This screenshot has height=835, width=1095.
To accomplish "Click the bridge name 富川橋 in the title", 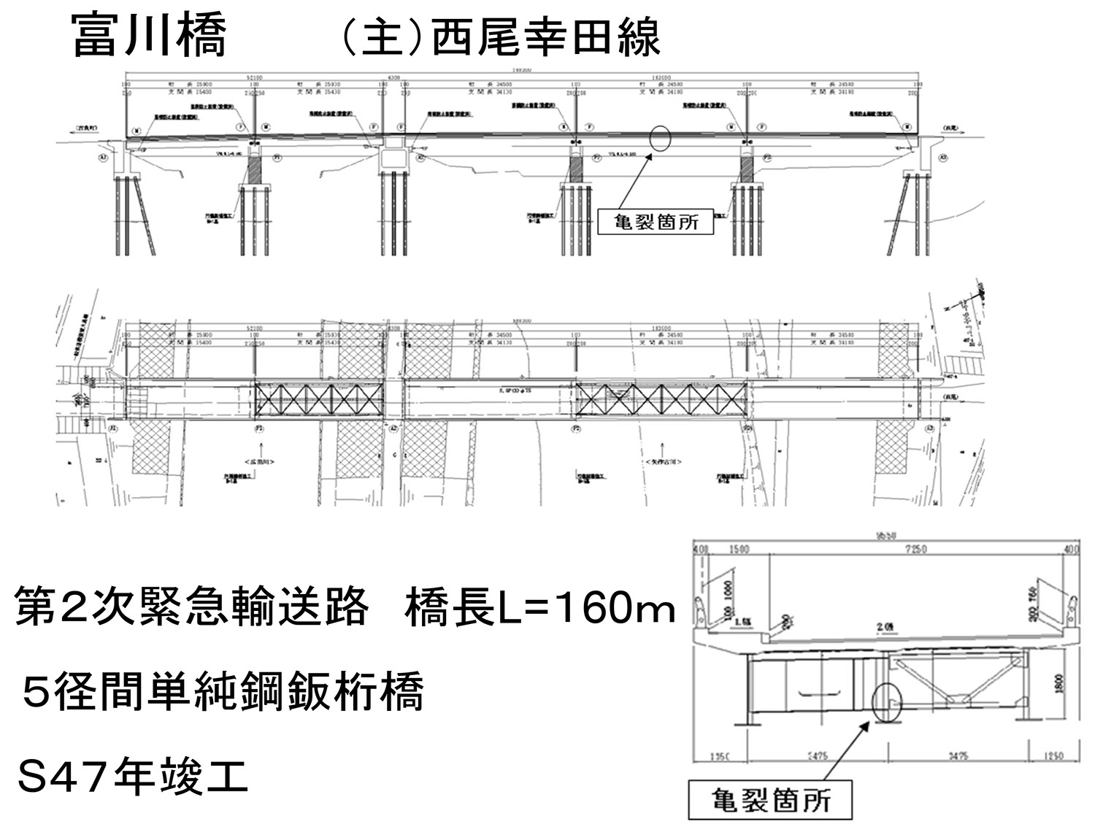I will [150, 36].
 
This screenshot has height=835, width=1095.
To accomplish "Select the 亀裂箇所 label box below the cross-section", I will [771, 801].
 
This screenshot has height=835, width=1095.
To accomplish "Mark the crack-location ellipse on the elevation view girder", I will [658, 139].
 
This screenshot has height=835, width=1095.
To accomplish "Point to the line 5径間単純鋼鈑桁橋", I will [222, 693].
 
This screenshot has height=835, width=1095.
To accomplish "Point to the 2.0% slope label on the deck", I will [887, 627].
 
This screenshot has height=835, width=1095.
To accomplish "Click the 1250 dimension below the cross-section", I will [1053, 756].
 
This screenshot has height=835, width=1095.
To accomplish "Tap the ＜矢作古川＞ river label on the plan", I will [664, 462].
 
